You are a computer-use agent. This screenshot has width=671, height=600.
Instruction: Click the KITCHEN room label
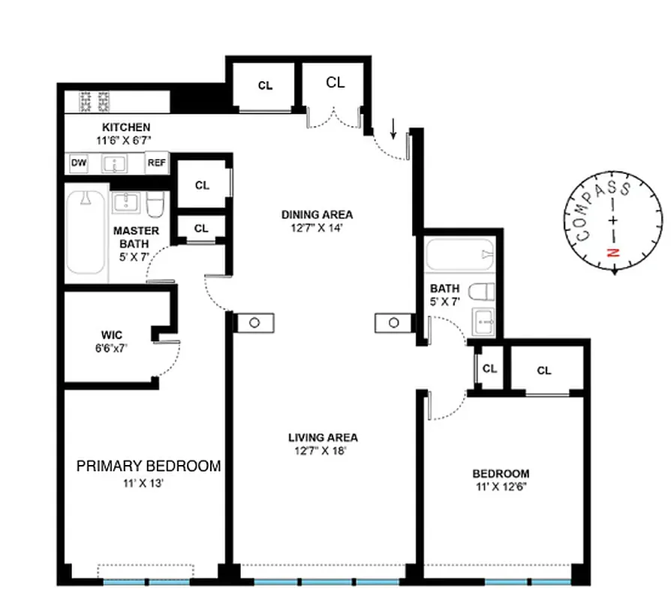coord(126,127)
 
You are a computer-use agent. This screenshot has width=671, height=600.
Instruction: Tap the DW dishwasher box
coord(78,163)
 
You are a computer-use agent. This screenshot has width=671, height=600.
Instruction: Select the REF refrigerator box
coord(156,163)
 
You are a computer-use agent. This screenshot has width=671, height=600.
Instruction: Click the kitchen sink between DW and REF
coord(116,163)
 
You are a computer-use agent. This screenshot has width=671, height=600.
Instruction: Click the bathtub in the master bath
coord(85,232)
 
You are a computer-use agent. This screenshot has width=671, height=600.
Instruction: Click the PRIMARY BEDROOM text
coord(149,466)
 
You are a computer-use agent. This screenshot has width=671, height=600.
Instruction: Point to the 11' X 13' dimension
coord(143,484)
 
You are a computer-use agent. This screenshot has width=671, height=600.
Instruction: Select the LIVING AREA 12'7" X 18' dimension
coord(323,451)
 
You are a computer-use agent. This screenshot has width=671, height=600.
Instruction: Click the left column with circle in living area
coord(255,322)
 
